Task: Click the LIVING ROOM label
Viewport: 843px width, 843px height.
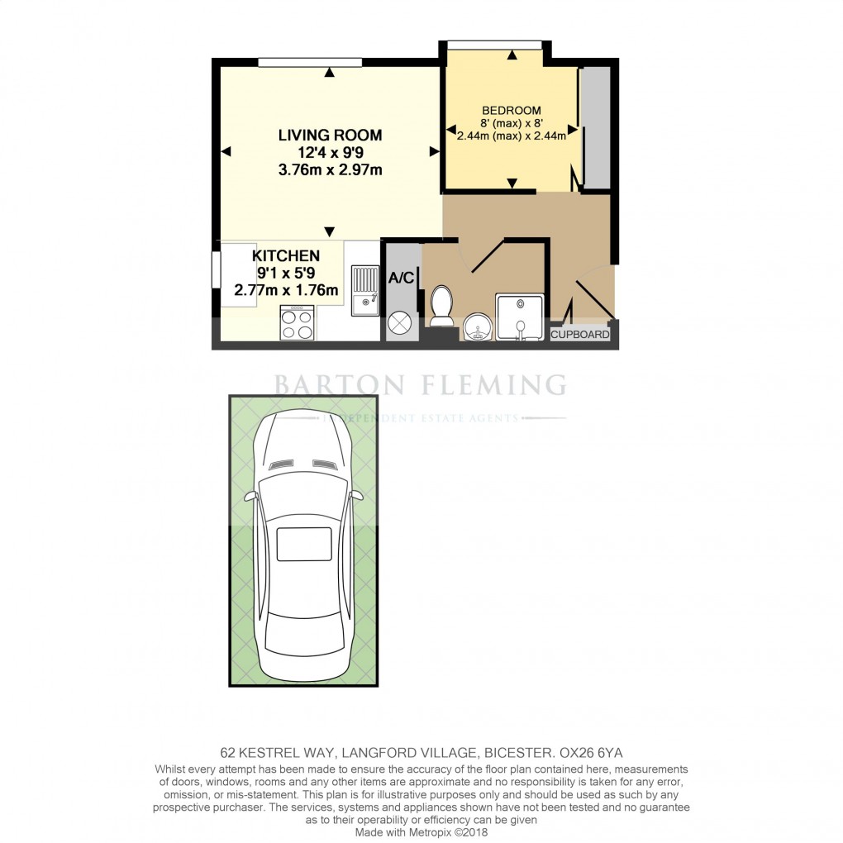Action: (x=330, y=136)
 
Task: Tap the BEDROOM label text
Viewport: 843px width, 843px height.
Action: (x=512, y=110)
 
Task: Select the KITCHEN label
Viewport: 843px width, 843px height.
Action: (x=286, y=255)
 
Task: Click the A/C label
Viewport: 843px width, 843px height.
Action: (x=401, y=279)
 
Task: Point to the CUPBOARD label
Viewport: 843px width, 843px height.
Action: (x=580, y=335)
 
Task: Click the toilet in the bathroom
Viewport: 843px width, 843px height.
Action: (x=441, y=305)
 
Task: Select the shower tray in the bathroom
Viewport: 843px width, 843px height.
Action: (x=520, y=317)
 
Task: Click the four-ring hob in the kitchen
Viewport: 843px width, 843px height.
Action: (x=298, y=322)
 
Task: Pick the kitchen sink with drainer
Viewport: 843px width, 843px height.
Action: (x=364, y=290)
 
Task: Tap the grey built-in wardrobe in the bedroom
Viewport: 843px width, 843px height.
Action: (x=595, y=127)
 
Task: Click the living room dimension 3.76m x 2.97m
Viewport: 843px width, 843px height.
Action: (x=330, y=170)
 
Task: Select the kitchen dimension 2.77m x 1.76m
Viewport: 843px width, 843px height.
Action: (x=286, y=290)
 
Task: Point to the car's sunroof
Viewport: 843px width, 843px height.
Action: (x=303, y=545)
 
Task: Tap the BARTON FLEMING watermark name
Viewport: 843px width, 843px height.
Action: (x=420, y=385)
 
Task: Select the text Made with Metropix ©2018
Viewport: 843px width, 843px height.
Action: (x=421, y=832)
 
